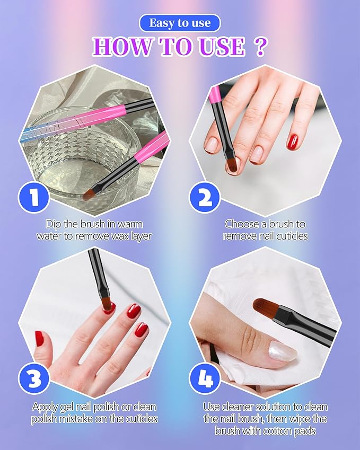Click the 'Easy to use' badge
coord(179,23)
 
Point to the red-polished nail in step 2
coord(292,142)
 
